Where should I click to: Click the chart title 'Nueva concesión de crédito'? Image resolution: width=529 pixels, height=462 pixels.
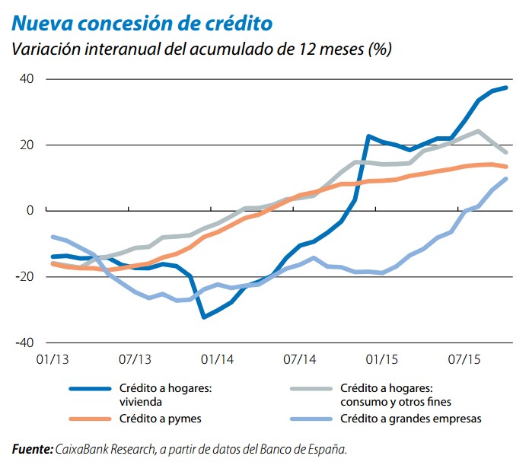click(x=142, y=22)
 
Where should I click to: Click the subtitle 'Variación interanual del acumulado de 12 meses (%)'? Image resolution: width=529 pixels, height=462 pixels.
click(x=201, y=49)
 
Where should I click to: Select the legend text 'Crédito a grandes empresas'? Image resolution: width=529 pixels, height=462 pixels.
click(x=412, y=418)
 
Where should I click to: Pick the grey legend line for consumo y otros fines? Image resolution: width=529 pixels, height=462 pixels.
click(x=311, y=388)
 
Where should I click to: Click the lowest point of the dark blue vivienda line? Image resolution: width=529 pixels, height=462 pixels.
click(x=204, y=317)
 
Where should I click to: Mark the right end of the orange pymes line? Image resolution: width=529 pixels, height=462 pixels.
click(x=506, y=167)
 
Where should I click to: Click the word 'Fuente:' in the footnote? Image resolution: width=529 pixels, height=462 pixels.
click(x=32, y=448)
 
